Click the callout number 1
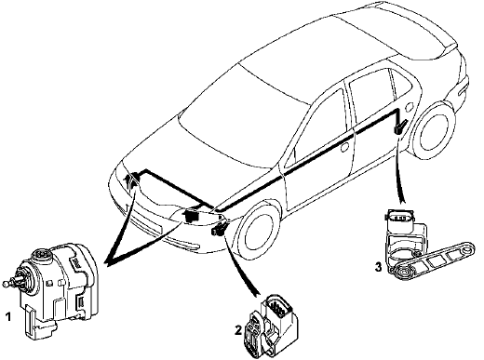point(8,317)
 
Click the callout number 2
point(238,330)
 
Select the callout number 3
point(378,267)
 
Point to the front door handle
point(344,147)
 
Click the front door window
point(319,127)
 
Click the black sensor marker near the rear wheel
point(400,127)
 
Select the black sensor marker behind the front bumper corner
point(219,230)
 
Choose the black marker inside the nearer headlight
point(191,215)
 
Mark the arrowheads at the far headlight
point(131,180)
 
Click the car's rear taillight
point(464,87)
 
